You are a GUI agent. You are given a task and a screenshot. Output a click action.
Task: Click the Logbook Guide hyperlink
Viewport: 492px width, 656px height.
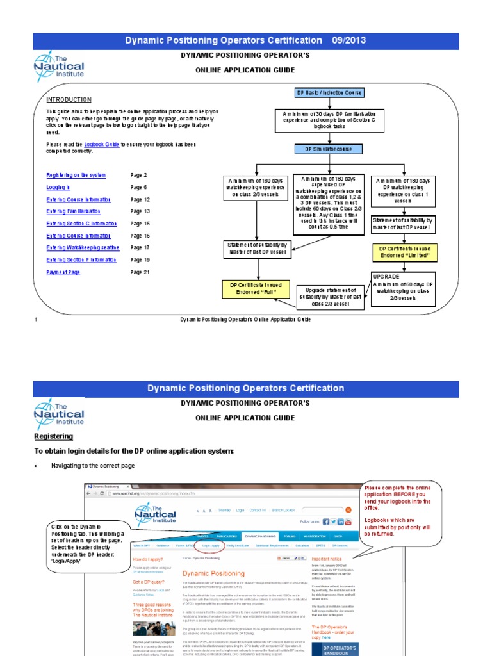(x=101, y=145)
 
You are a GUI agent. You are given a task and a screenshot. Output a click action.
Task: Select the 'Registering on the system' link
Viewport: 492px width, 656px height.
(x=76, y=175)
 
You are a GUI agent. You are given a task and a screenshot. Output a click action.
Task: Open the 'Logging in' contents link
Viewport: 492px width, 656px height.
(x=58, y=187)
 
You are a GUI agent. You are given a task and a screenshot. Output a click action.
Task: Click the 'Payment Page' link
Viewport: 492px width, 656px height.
(x=63, y=272)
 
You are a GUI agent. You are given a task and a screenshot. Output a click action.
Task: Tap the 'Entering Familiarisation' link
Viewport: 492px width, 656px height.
(x=74, y=211)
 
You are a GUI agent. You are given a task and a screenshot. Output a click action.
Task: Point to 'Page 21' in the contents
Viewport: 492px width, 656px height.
(x=140, y=272)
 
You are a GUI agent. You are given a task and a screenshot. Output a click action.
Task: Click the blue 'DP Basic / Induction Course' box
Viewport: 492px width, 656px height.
(x=328, y=93)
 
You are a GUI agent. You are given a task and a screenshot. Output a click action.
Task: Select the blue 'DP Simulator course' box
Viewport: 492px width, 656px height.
(x=328, y=149)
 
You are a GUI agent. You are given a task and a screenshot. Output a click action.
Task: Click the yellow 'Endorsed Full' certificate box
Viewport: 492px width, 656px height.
(x=256, y=289)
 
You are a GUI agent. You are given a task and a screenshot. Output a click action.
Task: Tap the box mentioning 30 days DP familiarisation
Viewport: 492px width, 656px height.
(x=329, y=120)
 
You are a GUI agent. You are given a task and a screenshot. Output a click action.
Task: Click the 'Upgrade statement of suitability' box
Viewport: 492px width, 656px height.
(x=330, y=297)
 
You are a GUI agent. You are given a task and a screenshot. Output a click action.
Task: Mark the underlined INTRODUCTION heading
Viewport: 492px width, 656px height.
(x=69, y=100)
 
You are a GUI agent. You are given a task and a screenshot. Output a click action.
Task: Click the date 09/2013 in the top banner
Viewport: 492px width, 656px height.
(x=348, y=40)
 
